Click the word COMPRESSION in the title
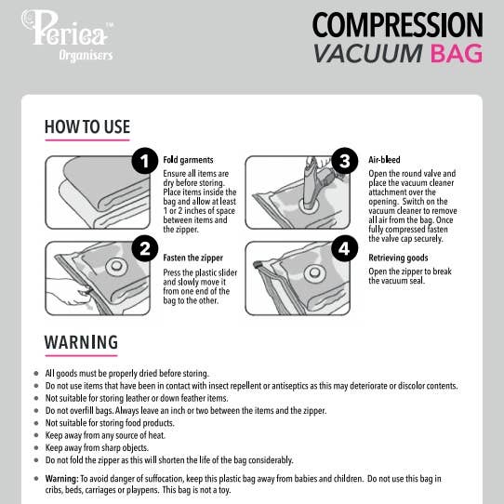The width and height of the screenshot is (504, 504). [397, 25]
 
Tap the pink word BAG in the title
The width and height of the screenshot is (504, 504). [456, 53]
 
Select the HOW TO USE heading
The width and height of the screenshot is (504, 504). [86, 127]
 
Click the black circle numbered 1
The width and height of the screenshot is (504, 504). [143, 162]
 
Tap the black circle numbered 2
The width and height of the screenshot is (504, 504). [143, 247]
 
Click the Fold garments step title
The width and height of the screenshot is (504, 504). [188, 160]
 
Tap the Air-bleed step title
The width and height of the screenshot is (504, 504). [384, 160]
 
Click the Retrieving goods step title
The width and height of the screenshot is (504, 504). [397, 257]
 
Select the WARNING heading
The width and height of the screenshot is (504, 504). [81, 342]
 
